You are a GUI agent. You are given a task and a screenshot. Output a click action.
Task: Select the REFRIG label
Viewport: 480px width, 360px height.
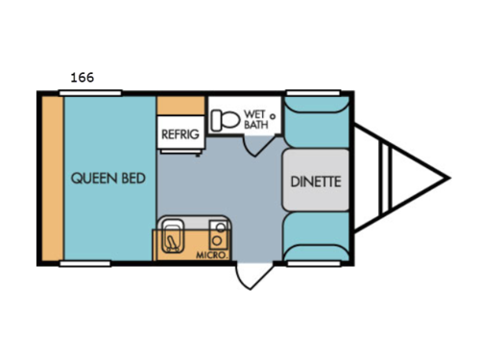click(180, 134)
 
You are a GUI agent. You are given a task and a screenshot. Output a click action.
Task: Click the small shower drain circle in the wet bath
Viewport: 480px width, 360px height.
click(274, 115)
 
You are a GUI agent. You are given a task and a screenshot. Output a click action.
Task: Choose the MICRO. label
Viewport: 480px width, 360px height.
click(211, 255)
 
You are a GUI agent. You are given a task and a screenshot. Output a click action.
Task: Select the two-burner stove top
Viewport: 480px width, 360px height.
click(219, 235)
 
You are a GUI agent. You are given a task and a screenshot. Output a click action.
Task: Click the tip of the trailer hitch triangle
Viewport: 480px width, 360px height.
click(448, 176)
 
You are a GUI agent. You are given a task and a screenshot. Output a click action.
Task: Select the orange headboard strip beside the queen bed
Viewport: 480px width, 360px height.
click(51, 178)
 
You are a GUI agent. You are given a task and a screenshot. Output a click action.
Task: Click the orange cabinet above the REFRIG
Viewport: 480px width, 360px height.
click(180, 105)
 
